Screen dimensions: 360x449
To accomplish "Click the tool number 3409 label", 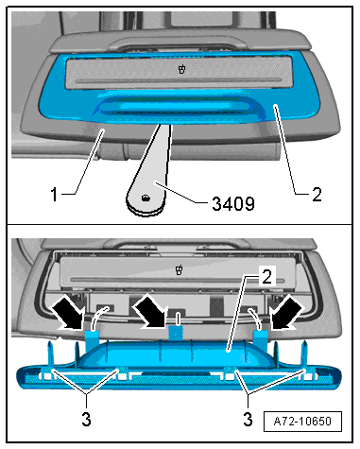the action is [233, 203].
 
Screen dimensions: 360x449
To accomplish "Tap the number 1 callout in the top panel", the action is [55, 194].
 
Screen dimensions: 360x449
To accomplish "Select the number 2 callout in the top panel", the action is [317, 194].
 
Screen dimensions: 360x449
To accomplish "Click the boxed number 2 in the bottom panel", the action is [266, 277].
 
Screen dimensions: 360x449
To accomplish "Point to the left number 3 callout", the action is [86, 419].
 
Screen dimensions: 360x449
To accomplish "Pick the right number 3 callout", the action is [248, 419].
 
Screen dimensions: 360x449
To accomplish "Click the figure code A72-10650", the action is [302, 422].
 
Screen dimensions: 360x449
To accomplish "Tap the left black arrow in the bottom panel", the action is [69, 314].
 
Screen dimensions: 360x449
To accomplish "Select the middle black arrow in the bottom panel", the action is [149, 311].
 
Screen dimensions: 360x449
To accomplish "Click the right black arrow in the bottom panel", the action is [287, 314].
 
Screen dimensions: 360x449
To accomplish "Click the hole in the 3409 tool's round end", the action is [146, 198].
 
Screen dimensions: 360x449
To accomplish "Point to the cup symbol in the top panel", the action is [181, 69].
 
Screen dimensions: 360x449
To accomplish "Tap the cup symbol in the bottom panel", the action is [179, 270].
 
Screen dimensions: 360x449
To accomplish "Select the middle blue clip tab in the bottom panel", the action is [176, 334].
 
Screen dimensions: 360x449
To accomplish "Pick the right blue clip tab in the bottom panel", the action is [261, 341].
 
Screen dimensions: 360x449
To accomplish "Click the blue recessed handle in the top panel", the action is [178, 109].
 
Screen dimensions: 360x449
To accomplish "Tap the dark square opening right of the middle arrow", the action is [216, 307].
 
